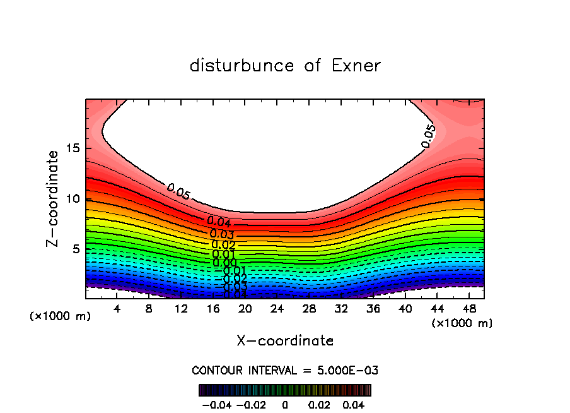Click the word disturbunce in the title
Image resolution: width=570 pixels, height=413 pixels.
click(x=242, y=66)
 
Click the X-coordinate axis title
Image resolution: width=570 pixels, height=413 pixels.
click(x=285, y=341)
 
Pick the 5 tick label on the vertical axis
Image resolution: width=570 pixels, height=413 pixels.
click(x=76, y=249)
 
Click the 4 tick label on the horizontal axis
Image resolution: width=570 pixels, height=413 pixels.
click(x=117, y=309)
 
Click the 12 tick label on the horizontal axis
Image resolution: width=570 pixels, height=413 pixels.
click(x=181, y=309)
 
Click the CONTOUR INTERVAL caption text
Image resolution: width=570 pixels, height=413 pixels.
click(x=285, y=371)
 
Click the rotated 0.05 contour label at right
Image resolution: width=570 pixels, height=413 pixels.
click(x=428, y=136)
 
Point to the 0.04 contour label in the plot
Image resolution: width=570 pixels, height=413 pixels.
click(x=219, y=222)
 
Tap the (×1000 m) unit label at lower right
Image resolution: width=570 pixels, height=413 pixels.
click(x=462, y=323)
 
